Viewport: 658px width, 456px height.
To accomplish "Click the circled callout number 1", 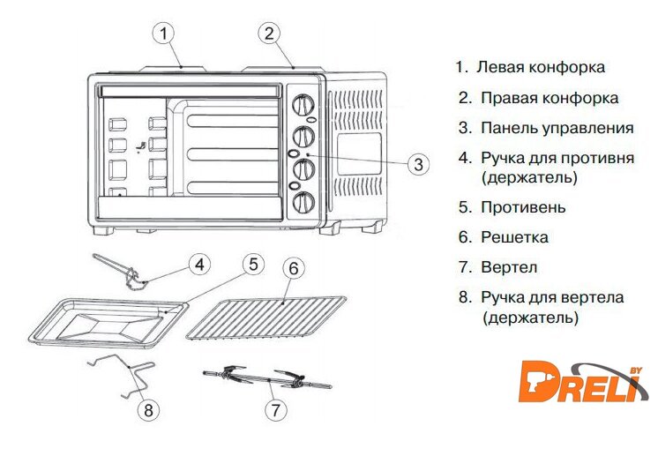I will click(163, 34).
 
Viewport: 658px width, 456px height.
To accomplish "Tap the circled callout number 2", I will click(270, 34).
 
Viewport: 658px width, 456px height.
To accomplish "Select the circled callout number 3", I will click(419, 163).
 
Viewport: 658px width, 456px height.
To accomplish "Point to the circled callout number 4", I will click(201, 264).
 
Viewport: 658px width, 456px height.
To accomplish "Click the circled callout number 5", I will click(252, 264).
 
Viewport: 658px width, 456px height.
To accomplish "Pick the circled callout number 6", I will click(295, 268).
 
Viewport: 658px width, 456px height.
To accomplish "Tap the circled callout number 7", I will click(277, 409).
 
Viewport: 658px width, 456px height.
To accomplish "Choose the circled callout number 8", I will click(149, 409).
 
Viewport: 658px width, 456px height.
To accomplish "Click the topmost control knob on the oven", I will click(303, 107).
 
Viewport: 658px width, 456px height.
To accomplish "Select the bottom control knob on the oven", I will click(303, 202).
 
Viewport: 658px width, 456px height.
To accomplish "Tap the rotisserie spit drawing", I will click(265, 380).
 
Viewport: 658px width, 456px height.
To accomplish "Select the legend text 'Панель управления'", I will click(557, 128).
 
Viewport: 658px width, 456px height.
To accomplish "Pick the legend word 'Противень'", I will click(523, 208).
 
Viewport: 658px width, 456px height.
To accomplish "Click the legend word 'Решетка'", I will click(514, 237).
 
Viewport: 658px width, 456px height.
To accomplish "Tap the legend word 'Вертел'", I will click(509, 267).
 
